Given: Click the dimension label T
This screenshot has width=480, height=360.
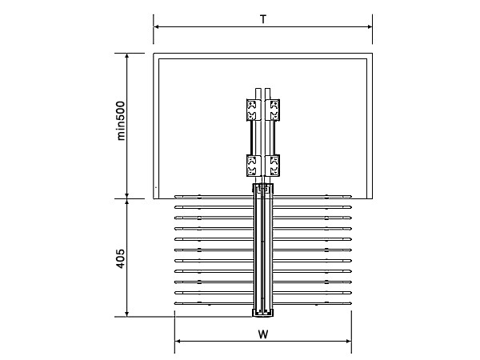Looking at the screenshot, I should tap(263, 18).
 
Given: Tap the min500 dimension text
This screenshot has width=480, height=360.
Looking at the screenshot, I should tap(122, 120).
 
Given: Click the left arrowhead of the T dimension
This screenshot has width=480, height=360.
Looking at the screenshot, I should tap(157, 27).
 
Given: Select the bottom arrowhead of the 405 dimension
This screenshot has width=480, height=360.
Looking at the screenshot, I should tap(127, 313).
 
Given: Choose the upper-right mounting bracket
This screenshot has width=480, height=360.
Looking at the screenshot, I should tap(274, 109).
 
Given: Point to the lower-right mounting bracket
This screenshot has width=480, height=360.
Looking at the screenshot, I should tap(274, 165).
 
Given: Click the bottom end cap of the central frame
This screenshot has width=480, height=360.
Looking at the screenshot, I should tap(263, 312).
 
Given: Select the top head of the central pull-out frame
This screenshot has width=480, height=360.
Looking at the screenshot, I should tap(263, 189).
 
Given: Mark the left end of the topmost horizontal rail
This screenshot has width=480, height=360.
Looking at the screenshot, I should tap(178, 196).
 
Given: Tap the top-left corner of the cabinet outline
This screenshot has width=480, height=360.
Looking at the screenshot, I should tap(154, 54).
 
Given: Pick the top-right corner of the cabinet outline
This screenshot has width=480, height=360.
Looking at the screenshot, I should tap(372, 54).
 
